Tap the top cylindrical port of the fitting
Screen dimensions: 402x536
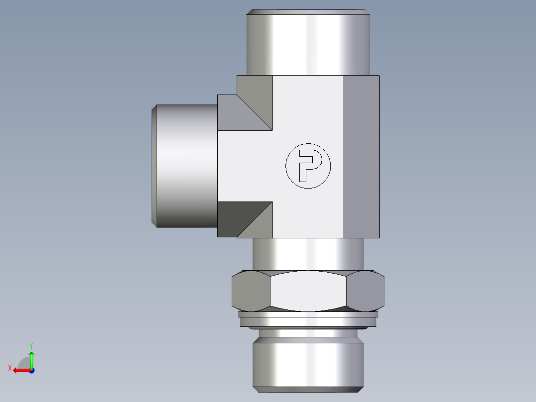pos(308,42)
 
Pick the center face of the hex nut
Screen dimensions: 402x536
pos(308,291)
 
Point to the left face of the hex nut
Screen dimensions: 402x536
pos(251,291)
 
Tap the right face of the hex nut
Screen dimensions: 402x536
pos(366,291)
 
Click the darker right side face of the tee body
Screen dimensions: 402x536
pos(361,156)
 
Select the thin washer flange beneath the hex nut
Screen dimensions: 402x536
pos(308,314)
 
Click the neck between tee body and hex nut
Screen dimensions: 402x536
pos(308,254)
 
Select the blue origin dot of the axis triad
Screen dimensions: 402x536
pos(31,370)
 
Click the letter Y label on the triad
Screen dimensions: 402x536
pos(31,345)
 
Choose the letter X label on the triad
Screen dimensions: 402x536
pos(9,368)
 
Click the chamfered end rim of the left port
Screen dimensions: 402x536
pos(155,166)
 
